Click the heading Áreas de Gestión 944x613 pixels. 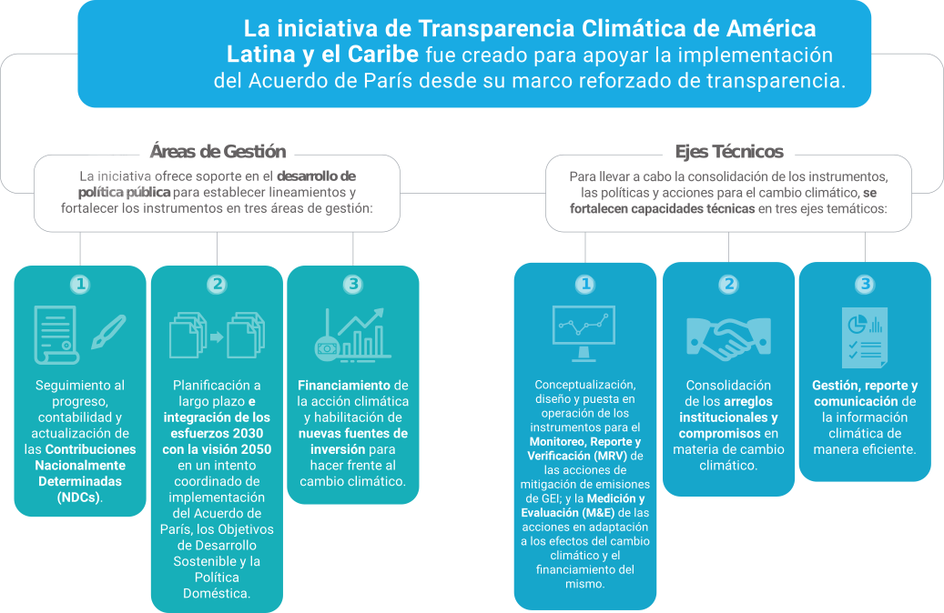[x=218, y=152]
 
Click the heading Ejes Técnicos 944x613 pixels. [x=729, y=152]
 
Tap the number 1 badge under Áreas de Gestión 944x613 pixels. [x=80, y=284]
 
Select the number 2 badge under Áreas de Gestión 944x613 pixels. [x=217, y=284]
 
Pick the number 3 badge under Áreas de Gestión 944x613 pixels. [x=353, y=284]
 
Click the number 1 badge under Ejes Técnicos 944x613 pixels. [x=584, y=284]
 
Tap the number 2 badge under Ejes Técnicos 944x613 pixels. [x=728, y=284]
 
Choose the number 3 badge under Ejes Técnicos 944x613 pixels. [x=865, y=284]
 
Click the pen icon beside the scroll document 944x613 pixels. [x=109, y=332]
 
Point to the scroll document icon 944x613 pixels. [x=56, y=335]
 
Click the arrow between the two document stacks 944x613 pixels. [x=217, y=337]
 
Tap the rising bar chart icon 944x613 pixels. [x=353, y=335]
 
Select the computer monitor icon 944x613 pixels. [x=584, y=334]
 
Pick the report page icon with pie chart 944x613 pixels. [x=865, y=337]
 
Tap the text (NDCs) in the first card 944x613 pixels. [x=78, y=497]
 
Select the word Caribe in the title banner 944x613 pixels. [x=383, y=55]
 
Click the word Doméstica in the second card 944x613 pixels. [x=216, y=594]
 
